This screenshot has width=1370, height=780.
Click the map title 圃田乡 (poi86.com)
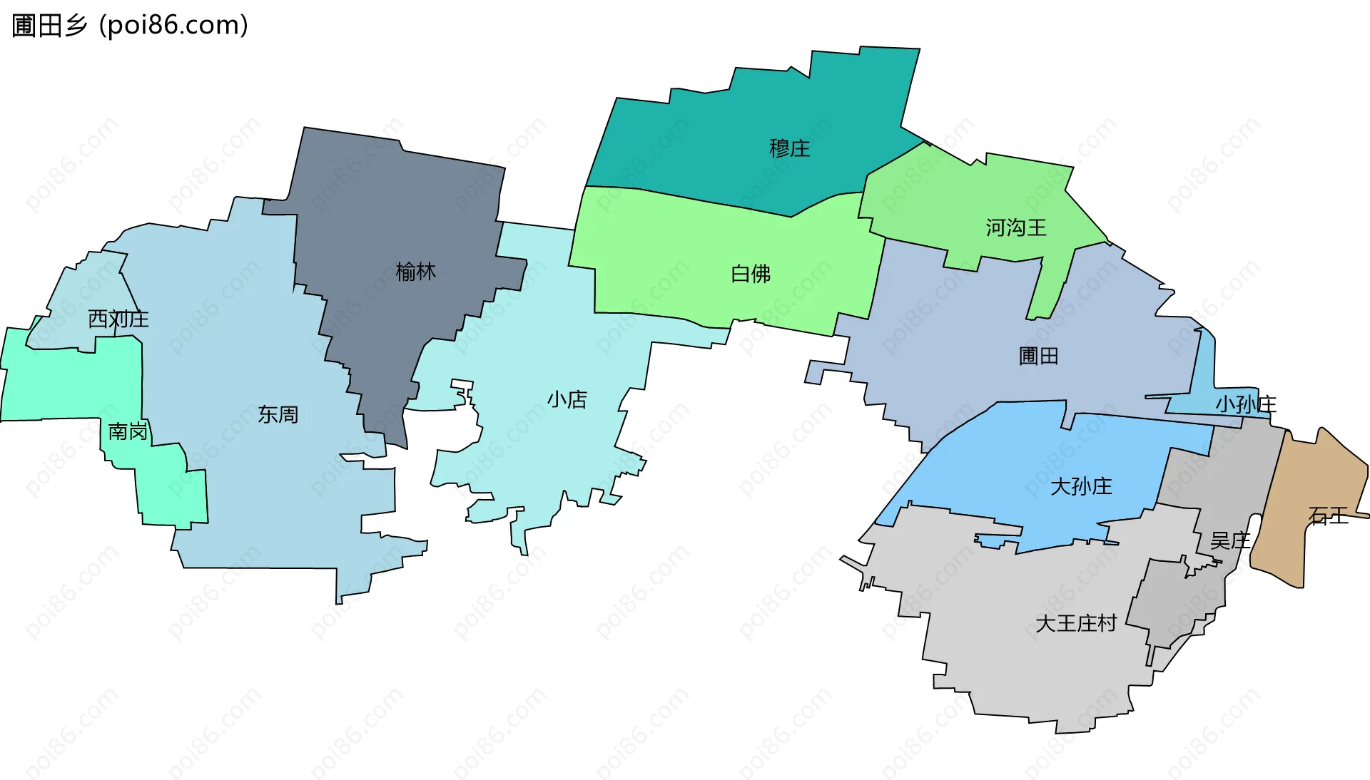[x=130, y=25]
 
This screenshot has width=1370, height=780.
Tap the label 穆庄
[x=789, y=148]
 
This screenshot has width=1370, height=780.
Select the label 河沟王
[x=1015, y=228]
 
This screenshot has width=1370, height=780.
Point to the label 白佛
[x=751, y=274]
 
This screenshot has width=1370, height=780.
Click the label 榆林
[x=415, y=272]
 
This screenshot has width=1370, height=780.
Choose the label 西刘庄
[x=118, y=319]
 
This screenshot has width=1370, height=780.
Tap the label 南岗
[x=128, y=431]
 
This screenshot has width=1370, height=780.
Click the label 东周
[x=278, y=414]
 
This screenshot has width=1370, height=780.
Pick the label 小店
[x=567, y=399]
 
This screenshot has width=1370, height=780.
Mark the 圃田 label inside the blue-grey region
[x=1038, y=356]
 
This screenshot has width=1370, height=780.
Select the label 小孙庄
[x=1245, y=404]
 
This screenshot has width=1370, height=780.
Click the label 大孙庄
[x=1080, y=486]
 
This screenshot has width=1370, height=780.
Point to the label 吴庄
[x=1230, y=540]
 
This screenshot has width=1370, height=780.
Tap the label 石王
[x=1328, y=515]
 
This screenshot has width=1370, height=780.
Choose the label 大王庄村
[x=1075, y=623]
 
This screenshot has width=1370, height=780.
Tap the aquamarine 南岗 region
[x=71, y=378]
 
